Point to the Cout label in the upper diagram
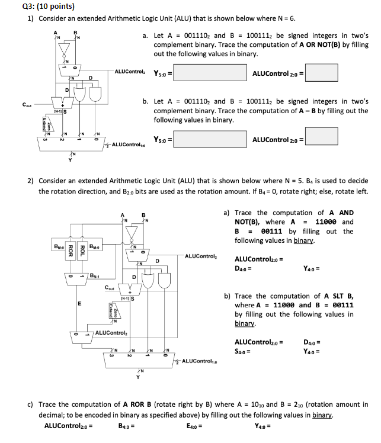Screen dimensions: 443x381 [x=27, y=105]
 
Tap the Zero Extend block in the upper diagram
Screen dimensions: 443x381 [x=46, y=123]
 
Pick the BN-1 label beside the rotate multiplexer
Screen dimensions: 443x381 [x=95, y=275]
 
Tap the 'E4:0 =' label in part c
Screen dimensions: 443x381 [x=194, y=425]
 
